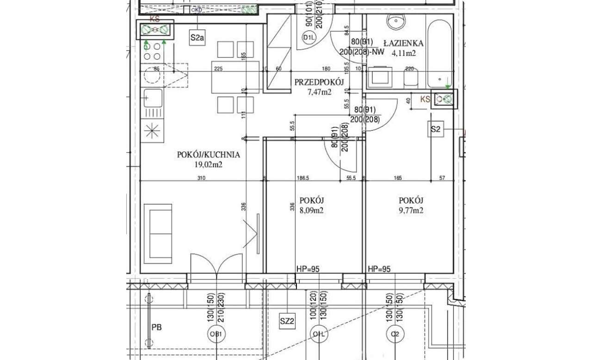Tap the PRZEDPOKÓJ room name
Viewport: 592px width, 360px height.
[319, 82]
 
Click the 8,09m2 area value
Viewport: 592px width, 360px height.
[311, 211]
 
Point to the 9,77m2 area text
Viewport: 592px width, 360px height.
[411, 211]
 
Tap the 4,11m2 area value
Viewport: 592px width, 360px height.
[404, 53]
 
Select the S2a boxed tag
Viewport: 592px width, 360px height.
[197, 37]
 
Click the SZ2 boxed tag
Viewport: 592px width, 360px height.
[287, 321]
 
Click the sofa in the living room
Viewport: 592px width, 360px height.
[158, 233]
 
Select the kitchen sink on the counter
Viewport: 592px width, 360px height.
[153, 98]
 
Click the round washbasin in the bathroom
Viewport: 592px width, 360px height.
[397, 21]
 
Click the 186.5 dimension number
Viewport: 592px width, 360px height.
[303, 178]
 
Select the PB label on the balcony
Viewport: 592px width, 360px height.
[157, 327]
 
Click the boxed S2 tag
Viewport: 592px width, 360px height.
[435, 129]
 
